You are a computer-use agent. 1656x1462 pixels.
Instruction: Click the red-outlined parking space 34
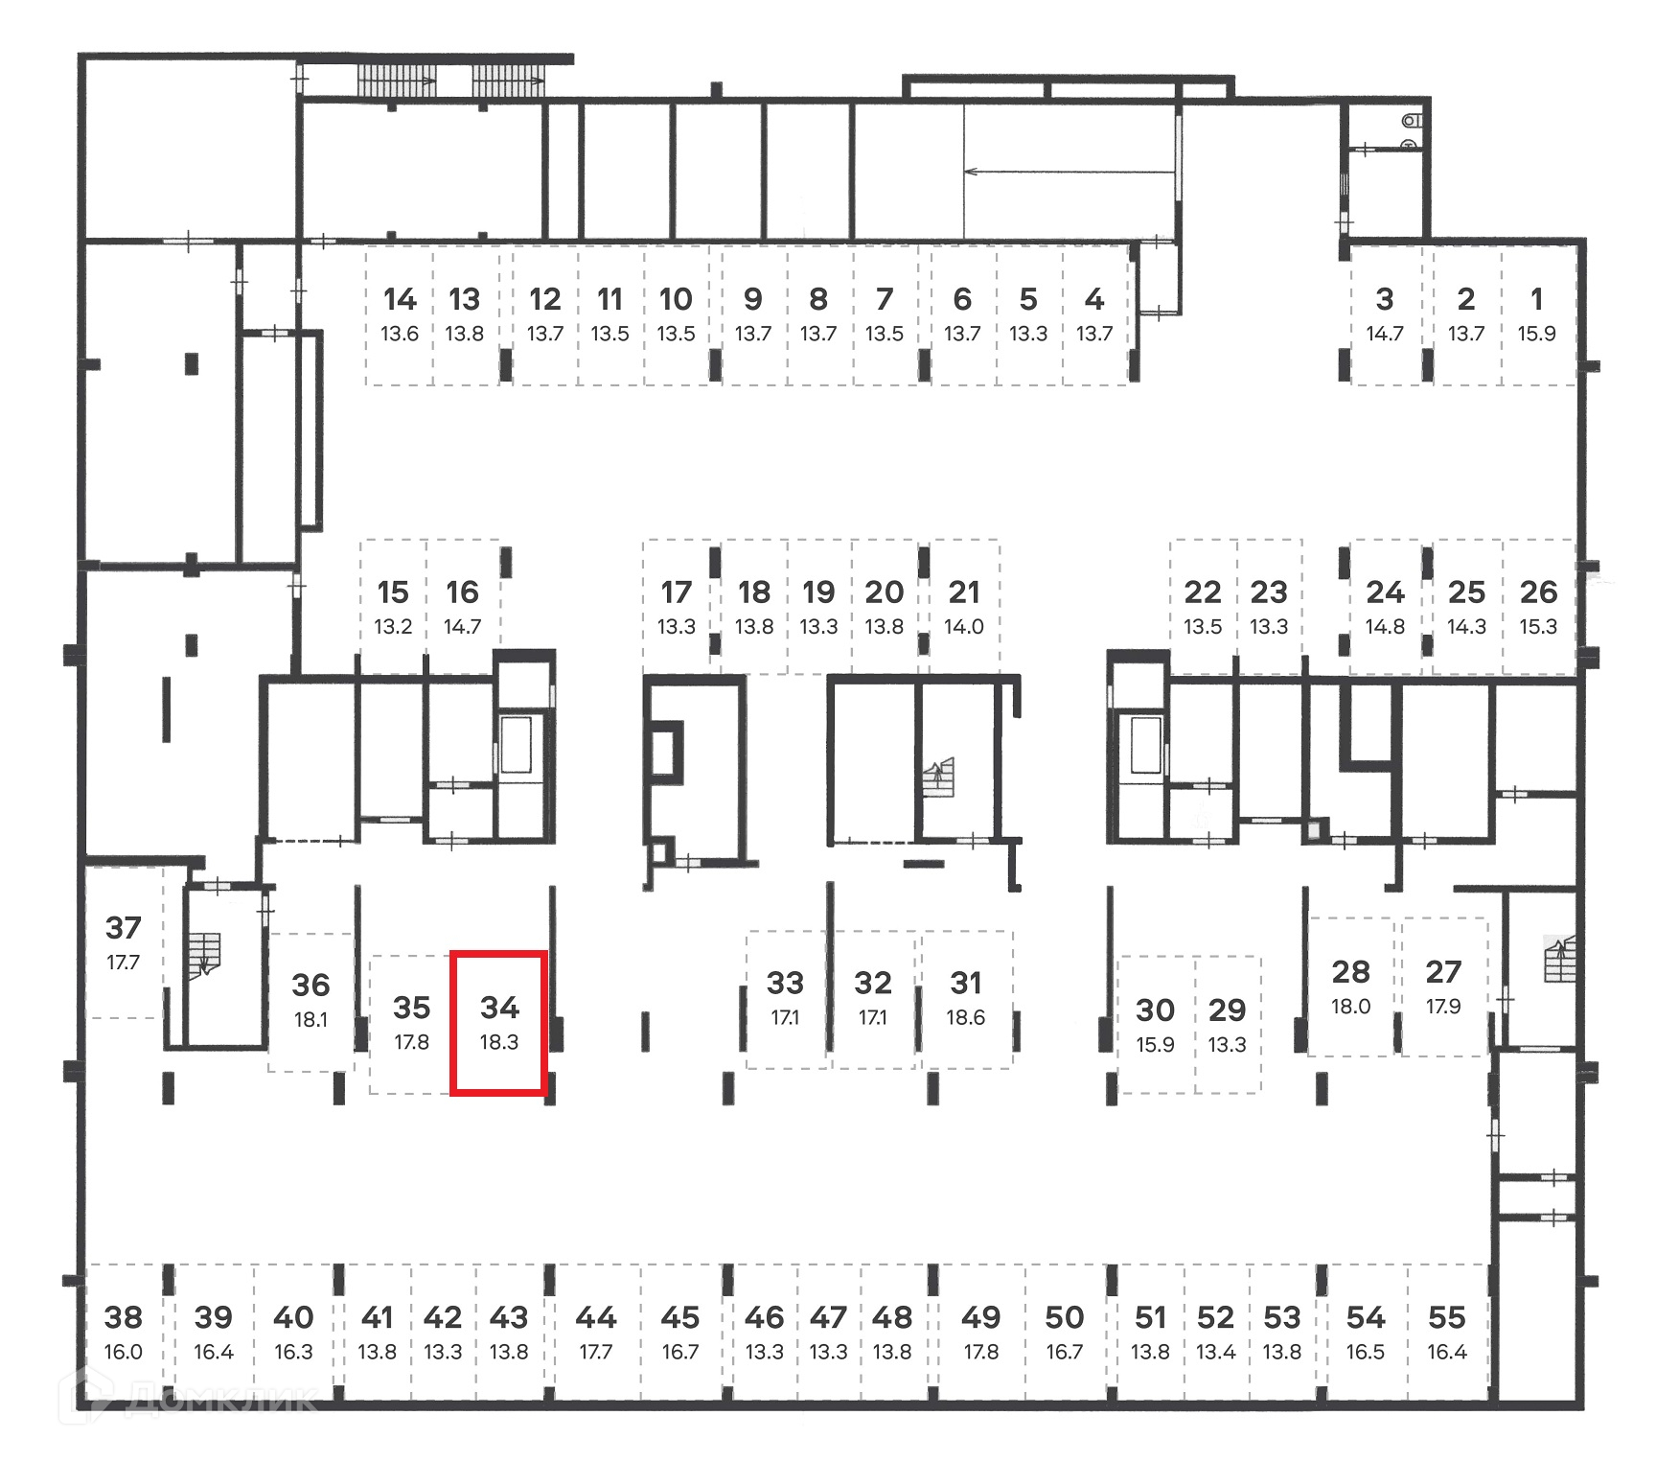click(498, 1022)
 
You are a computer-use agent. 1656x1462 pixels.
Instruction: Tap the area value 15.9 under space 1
click(1536, 334)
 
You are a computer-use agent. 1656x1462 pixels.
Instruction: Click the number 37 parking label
click(124, 928)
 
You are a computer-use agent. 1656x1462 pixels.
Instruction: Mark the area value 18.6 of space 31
click(965, 1017)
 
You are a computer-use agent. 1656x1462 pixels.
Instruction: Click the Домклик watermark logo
click(192, 1399)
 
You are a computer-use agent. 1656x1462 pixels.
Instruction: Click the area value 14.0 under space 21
click(964, 627)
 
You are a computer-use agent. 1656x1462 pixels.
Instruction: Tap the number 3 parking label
click(1384, 300)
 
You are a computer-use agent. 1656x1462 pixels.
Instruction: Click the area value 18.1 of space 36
click(310, 1019)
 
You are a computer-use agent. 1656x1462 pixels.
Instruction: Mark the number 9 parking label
click(753, 300)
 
